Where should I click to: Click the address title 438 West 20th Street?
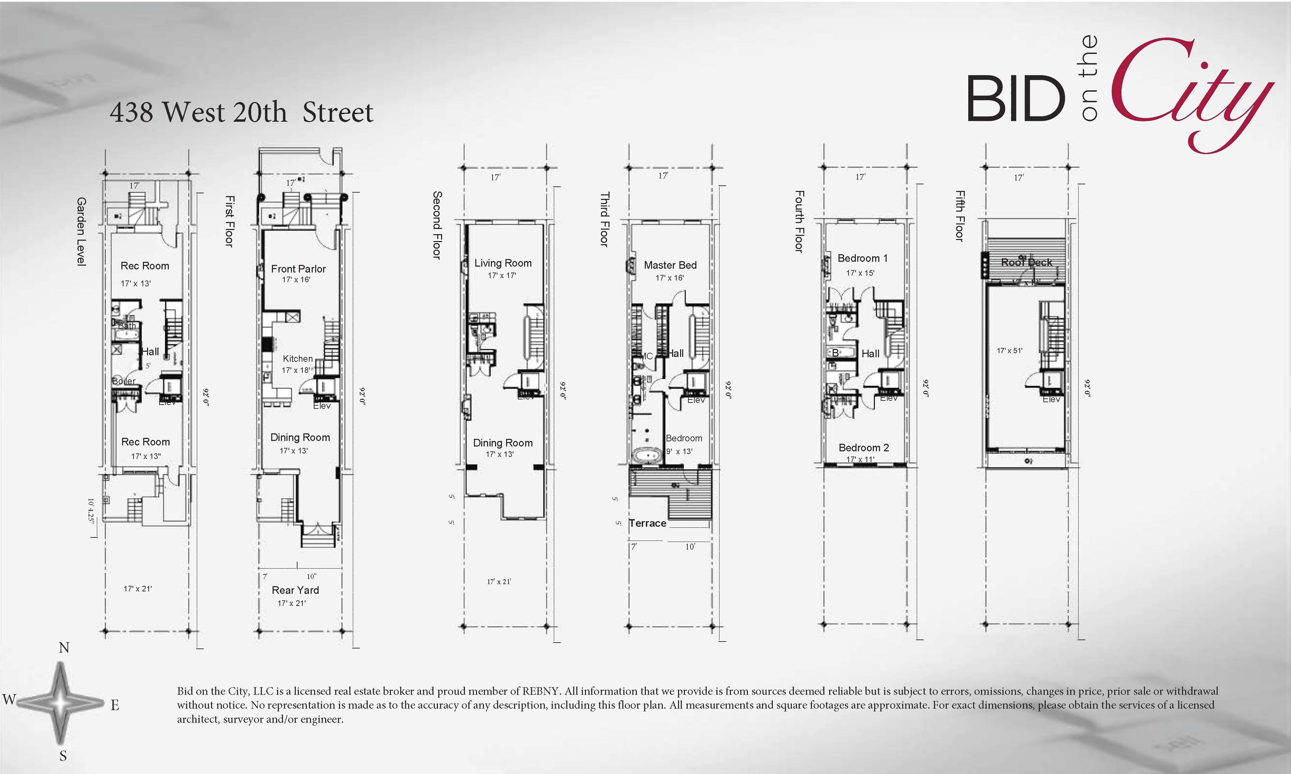(x=241, y=112)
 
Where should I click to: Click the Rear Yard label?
(x=295, y=590)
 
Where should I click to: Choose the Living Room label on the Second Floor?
(x=503, y=263)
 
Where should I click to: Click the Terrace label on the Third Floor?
(x=647, y=523)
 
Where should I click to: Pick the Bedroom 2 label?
(x=863, y=448)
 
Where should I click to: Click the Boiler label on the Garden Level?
(x=123, y=381)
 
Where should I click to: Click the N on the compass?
(x=64, y=648)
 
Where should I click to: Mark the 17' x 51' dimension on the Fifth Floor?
(x=1009, y=350)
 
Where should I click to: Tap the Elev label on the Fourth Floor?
(x=888, y=398)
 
